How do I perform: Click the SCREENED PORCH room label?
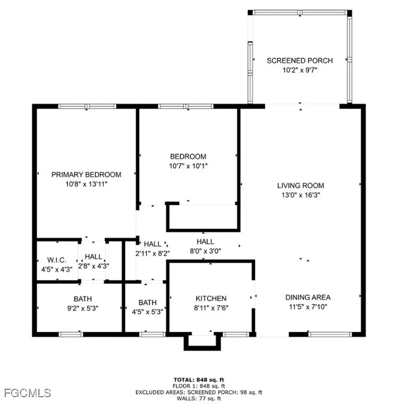pos(299,60)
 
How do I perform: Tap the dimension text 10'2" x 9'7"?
pos(299,70)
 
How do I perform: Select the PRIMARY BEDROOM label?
pos(86,174)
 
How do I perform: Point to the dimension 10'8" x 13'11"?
pos(86,184)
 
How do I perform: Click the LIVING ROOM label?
pos(301,185)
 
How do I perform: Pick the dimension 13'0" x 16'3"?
pos(301,195)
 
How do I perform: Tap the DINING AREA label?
pos(308,297)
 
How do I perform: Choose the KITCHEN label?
pos(211,299)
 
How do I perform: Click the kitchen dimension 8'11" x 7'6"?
pos(211,308)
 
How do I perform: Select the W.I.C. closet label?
pos(57,261)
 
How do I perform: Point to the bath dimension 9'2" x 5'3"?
pos(83,309)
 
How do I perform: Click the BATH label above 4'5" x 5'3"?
pos(147,303)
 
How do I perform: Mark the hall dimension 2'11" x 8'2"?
pos(152,253)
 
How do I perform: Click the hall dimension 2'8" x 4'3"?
pos(94,266)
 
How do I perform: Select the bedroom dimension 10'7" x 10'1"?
pos(188,166)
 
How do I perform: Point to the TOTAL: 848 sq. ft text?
pos(199,380)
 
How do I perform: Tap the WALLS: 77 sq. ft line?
pos(199,398)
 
